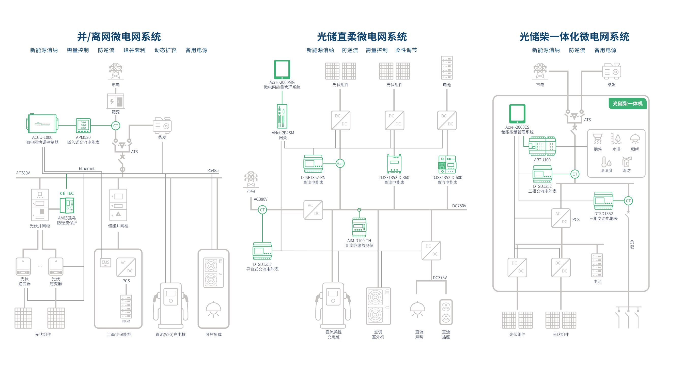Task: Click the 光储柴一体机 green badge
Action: (x=627, y=104)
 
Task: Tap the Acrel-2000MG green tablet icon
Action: (x=282, y=69)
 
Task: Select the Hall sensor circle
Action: (x=340, y=164)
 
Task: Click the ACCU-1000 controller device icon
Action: (x=42, y=124)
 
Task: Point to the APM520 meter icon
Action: (x=83, y=126)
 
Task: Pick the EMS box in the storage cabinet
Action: (x=105, y=262)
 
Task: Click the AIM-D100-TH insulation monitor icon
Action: (x=359, y=227)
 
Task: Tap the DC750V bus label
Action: (x=459, y=206)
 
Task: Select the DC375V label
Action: (x=440, y=278)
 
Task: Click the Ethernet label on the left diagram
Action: (x=87, y=169)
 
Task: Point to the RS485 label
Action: (x=213, y=170)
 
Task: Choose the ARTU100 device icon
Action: (x=542, y=146)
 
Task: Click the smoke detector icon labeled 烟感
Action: (x=597, y=139)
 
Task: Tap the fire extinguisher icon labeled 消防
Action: (x=626, y=162)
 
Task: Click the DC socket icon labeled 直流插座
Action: (x=446, y=312)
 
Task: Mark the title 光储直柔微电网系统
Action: (x=362, y=37)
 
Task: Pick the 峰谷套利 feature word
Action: (x=134, y=50)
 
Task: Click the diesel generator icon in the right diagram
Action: (x=611, y=71)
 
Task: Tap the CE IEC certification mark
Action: (x=67, y=193)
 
